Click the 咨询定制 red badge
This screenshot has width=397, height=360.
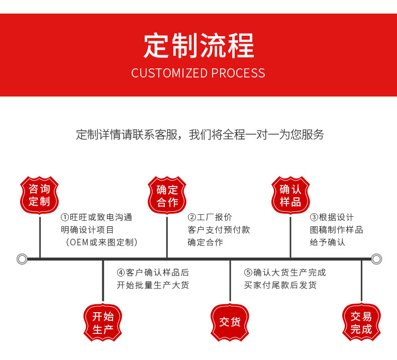[x=39, y=196]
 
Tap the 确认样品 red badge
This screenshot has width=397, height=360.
[x=290, y=196]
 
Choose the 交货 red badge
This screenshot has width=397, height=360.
[x=230, y=322]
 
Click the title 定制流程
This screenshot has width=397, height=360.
[x=198, y=46]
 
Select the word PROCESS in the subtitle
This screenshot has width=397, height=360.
[x=238, y=73]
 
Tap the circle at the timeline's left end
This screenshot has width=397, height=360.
[x=22, y=259]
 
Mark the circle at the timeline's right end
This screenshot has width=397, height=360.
[x=376, y=259]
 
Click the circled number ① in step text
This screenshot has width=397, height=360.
[x=65, y=218]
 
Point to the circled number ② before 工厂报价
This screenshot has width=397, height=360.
[x=192, y=218]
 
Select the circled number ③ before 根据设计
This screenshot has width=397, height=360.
[x=314, y=218]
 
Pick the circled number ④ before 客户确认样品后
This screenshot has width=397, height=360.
[x=121, y=273]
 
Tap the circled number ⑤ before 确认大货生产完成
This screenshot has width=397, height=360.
[x=248, y=273]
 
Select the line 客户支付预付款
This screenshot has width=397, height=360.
[x=219, y=230]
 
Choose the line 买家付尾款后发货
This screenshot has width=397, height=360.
[x=280, y=285]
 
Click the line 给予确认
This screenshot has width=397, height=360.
[x=328, y=242]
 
